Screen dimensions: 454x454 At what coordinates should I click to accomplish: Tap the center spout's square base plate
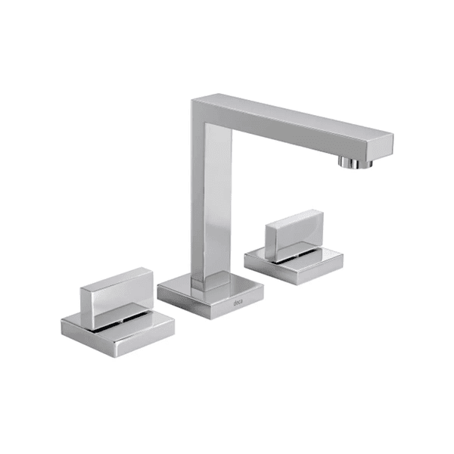coord(211,295)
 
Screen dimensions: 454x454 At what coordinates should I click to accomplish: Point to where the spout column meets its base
coord(207,280)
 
